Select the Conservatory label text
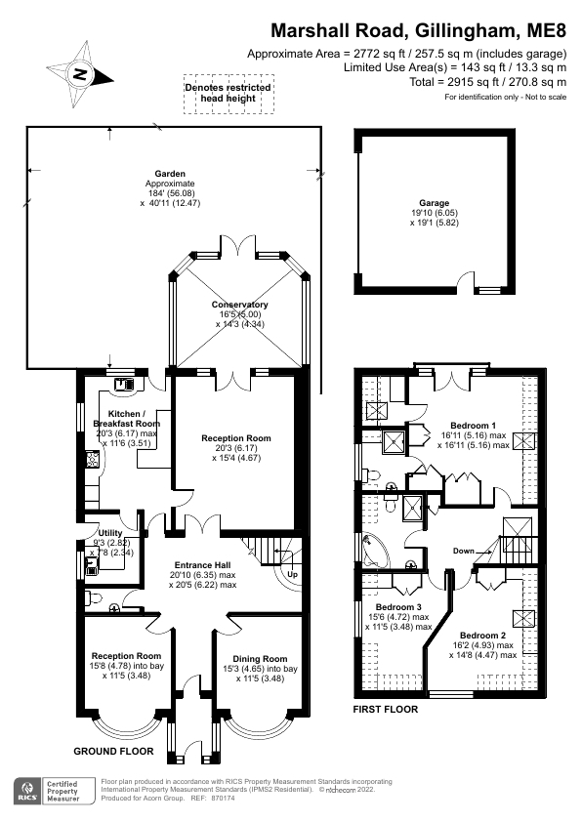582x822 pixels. point(239,305)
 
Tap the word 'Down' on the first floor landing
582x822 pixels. point(464,552)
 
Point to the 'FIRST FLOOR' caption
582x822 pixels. point(385,709)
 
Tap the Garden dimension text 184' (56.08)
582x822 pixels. point(163,192)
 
